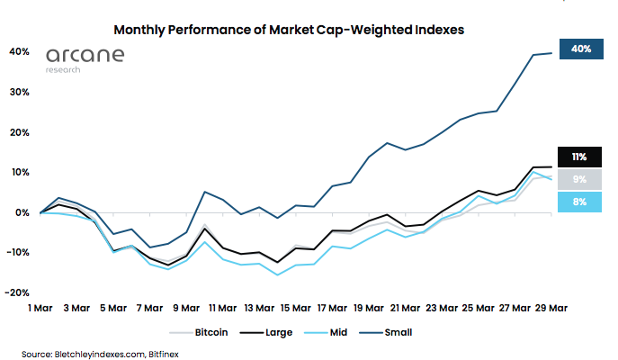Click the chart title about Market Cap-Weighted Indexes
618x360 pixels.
pyautogui.click(x=289, y=29)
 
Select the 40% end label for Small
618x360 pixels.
pyautogui.click(x=580, y=49)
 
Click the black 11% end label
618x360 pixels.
pyautogui.click(x=580, y=157)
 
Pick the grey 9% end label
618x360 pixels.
pyautogui.click(x=580, y=180)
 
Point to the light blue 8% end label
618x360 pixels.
pyautogui.click(x=580, y=202)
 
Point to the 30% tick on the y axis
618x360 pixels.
pyautogui.click(x=20, y=93)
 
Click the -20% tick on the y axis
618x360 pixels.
pyautogui.click(x=18, y=293)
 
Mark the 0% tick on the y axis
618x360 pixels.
pyautogui.click(x=22, y=213)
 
